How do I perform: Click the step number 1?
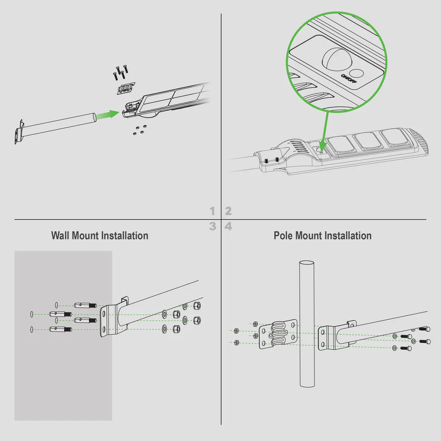coord(213,211)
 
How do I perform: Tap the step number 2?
coord(228,211)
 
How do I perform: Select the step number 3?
coord(213,226)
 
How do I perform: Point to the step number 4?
coord(228,226)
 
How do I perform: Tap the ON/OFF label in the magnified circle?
coord(349,78)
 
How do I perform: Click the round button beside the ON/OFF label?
coord(358,74)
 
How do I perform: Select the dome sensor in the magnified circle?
coord(336,59)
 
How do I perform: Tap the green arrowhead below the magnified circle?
coord(322,147)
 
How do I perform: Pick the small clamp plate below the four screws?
coord(126,88)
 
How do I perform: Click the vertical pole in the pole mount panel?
coord(307,324)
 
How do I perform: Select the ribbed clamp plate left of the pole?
coord(278,334)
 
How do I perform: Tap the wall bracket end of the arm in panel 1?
coord(19,132)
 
